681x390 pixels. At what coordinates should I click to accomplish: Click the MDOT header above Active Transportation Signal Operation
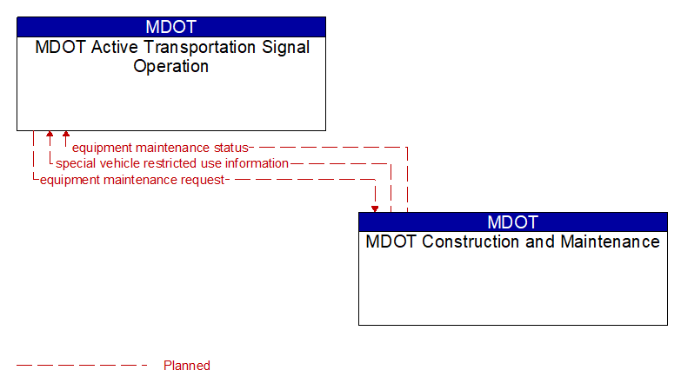171,27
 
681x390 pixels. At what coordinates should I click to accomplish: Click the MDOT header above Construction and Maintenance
512,221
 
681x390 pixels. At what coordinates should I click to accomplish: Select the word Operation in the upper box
171,66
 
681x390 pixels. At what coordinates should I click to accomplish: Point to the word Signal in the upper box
287,48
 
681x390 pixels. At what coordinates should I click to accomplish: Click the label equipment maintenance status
160,148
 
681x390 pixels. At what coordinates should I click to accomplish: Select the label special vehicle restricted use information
172,163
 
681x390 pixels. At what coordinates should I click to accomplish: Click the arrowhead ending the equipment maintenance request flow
375,208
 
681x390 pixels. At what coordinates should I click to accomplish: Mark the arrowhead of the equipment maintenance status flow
66,136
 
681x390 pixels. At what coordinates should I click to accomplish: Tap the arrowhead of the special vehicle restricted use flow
50,136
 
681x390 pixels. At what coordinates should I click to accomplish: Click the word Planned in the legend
187,366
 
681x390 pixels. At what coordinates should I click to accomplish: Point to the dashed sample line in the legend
83,366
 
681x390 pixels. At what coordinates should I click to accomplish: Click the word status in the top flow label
231,148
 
